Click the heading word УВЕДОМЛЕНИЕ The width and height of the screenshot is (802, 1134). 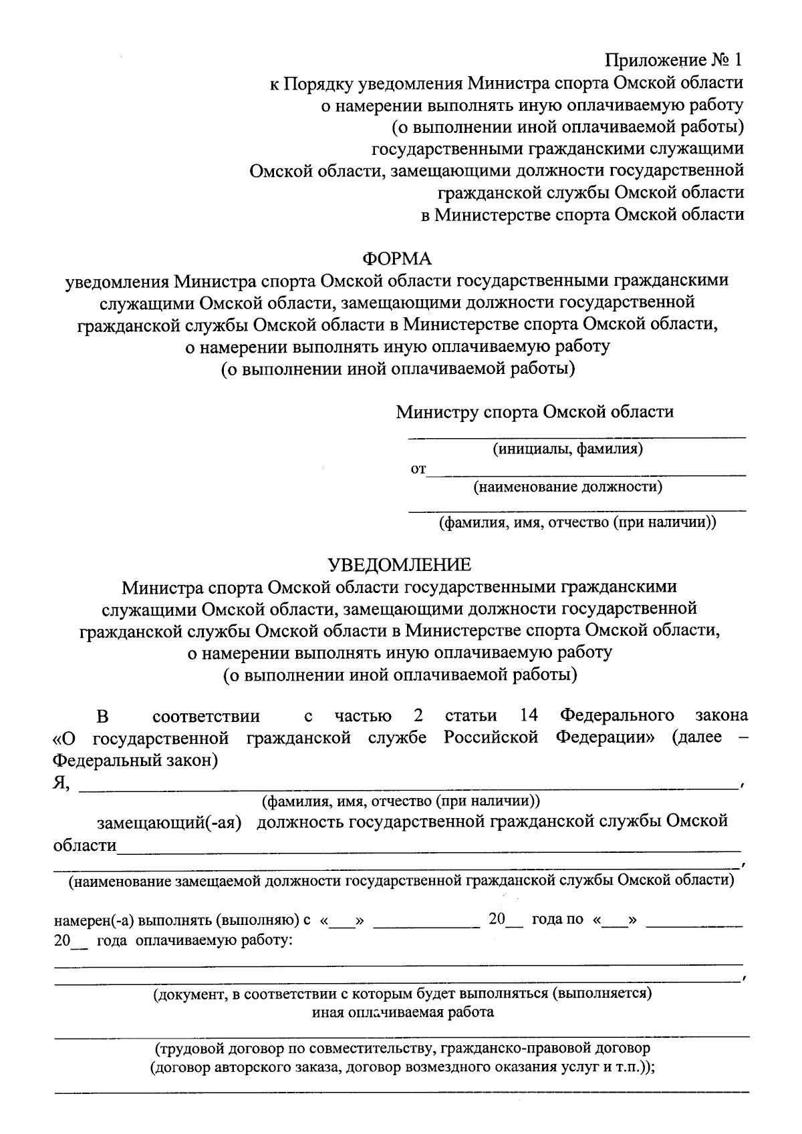click(400, 565)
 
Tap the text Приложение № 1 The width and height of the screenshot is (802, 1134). click(674, 61)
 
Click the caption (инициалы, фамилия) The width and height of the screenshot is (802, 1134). click(568, 449)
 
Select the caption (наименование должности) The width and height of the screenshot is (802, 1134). click(568, 487)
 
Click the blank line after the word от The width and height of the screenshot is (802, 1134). click(586, 474)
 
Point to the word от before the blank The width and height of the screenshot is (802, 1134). click(418, 469)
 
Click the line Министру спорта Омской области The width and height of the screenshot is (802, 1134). click(535, 411)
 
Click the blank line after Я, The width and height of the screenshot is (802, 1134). click(408, 789)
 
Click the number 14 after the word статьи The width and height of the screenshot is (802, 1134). click(529, 716)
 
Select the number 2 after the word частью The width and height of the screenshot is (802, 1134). click(418, 716)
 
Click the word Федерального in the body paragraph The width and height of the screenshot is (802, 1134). click(617, 716)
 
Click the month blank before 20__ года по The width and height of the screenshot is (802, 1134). click(426, 924)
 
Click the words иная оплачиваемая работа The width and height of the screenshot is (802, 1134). click(403, 1012)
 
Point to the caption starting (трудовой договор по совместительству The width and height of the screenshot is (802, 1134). click(402, 1049)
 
